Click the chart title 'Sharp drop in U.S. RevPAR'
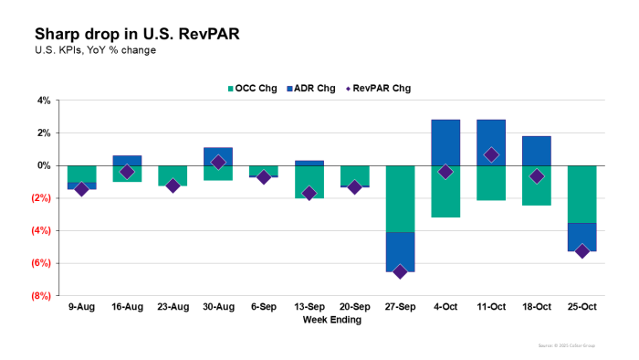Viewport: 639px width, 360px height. click(x=138, y=34)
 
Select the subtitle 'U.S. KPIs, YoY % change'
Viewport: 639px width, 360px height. click(x=95, y=50)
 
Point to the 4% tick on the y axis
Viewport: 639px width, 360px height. click(x=43, y=101)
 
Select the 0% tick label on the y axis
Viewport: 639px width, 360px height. click(x=43, y=165)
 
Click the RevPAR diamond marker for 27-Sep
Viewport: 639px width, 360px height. click(x=400, y=271)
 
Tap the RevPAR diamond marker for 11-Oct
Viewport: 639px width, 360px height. click(x=491, y=155)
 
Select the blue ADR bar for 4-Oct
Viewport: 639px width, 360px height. click(x=445, y=143)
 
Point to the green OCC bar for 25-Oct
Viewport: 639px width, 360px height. click(x=582, y=194)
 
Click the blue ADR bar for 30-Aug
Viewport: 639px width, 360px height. click(x=218, y=156)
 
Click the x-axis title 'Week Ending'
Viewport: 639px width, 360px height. click(x=332, y=320)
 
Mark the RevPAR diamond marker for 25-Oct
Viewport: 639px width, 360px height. click(x=582, y=250)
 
